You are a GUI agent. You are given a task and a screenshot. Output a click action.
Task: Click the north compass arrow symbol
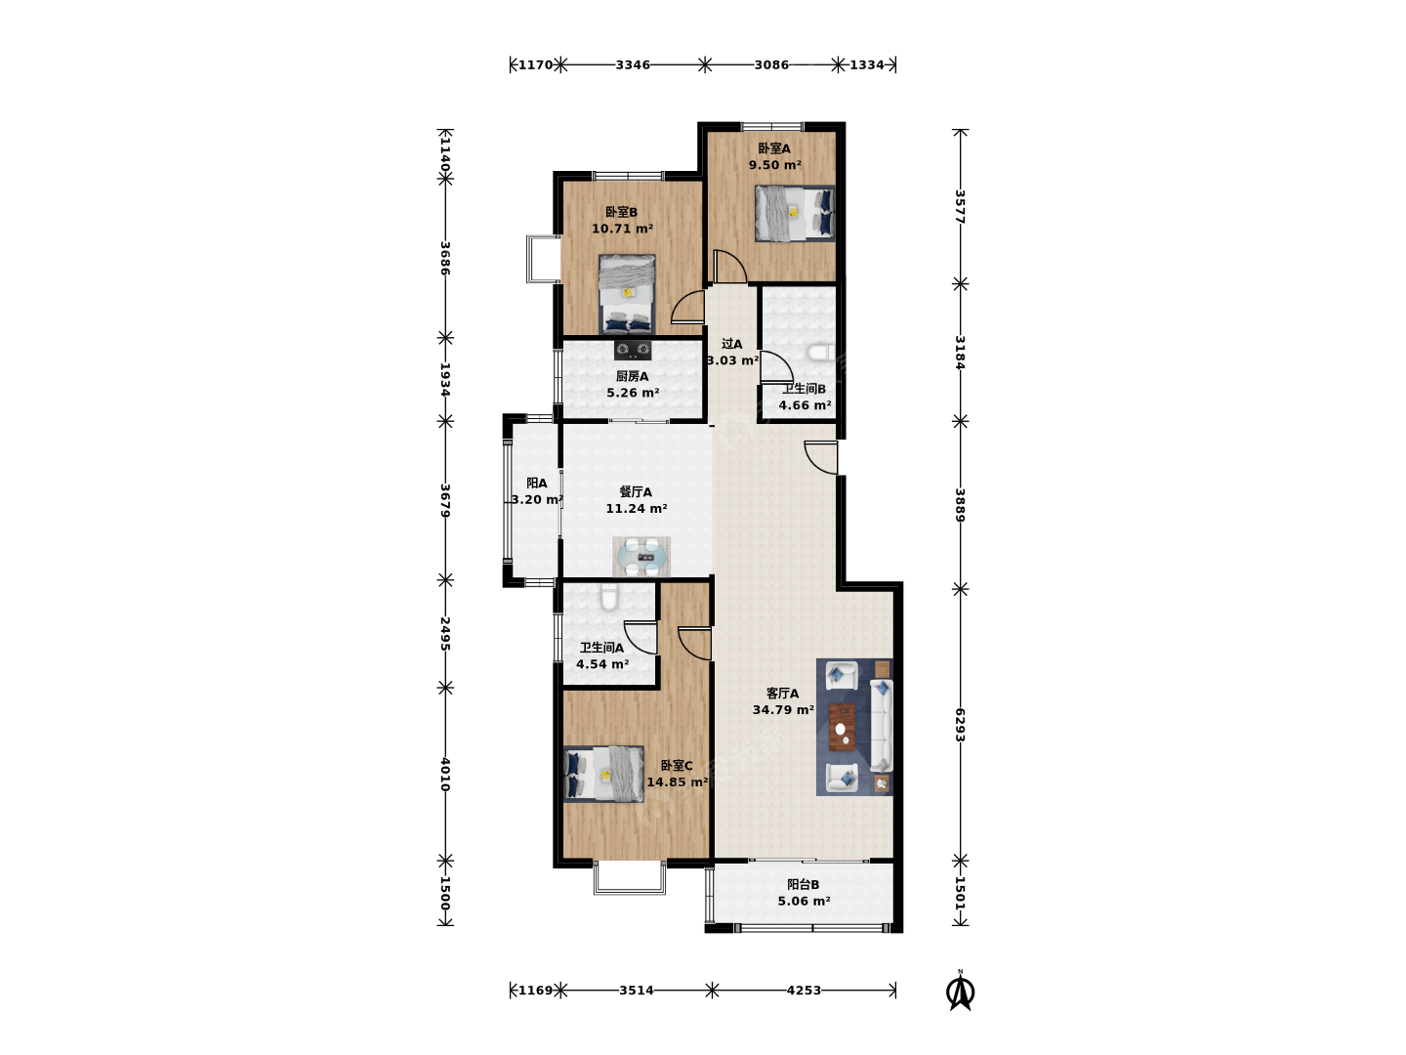960,991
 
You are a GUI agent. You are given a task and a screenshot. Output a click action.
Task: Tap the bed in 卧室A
794,213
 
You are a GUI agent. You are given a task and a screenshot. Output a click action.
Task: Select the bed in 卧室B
627,294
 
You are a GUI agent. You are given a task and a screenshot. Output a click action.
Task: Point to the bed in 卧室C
603,774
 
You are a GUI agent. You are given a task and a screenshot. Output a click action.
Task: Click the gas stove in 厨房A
633,350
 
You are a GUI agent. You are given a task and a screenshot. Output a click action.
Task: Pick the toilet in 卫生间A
608,598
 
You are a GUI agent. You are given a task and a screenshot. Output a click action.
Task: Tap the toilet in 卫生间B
820,353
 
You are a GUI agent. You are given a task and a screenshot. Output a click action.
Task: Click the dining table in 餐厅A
641,557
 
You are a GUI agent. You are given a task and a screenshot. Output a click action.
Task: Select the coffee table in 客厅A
842,727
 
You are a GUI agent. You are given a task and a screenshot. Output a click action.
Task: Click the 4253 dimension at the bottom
804,991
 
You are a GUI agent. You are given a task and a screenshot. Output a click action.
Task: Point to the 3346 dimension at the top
633,64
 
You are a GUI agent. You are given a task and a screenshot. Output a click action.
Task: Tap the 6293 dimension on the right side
960,725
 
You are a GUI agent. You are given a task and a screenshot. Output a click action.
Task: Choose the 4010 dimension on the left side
445,775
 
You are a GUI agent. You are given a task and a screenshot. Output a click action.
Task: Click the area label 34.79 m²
783,710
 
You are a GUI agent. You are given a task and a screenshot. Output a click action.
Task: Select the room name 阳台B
803,885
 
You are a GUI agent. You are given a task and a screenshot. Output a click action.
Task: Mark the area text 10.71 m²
622,229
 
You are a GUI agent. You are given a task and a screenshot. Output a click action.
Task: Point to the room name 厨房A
632,377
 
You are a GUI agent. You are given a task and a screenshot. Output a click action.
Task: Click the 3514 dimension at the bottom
636,991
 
